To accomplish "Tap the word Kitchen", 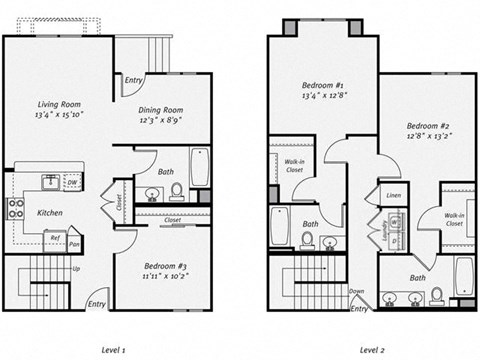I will (x=51, y=212).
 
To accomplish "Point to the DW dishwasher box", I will (x=71, y=183).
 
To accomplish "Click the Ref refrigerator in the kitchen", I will (x=54, y=238).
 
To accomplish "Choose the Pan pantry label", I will (x=74, y=241).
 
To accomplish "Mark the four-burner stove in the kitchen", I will (x=15, y=208).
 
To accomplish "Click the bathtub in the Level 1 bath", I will (x=199, y=167).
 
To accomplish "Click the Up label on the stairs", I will (x=75, y=270).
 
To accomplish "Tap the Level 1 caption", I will (x=113, y=350).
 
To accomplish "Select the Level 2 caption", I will (x=373, y=350).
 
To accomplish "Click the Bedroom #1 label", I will (x=323, y=87).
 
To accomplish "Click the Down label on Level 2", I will (x=356, y=292).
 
